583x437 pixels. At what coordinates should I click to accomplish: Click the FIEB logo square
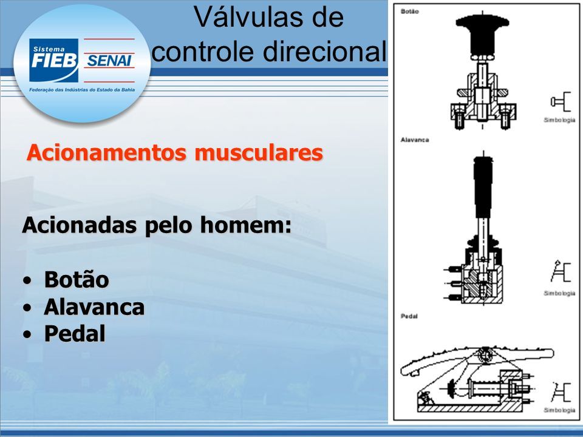pyautogui.click(x=53, y=61)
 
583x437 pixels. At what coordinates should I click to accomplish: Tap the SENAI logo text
pyautogui.click(x=109, y=61)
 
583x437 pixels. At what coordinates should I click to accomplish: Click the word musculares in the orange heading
pyautogui.click(x=259, y=152)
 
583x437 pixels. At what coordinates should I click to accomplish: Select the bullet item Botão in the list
pyautogui.click(x=77, y=279)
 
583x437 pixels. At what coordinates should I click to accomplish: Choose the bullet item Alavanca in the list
pyautogui.click(x=94, y=307)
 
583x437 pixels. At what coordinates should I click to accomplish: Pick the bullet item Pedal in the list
pyautogui.click(x=75, y=333)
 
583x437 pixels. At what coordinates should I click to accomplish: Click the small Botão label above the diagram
pyautogui.click(x=410, y=12)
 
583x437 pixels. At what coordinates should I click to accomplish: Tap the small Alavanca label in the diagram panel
pyautogui.click(x=415, y=140)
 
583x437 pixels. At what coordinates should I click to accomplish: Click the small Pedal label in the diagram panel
pyautogui.click(x=409, y=316)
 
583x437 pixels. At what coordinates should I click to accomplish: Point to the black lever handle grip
pyautogui.click(x=483, y=188)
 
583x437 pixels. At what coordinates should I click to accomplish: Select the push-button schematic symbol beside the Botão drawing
pyautogui.click(x=561, y=101)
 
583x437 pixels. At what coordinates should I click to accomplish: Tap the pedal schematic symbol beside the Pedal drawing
pyautogui.click(x=561, y=391)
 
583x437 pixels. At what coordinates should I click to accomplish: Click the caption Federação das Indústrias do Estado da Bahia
pyautogui.click(x=82, y=90)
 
